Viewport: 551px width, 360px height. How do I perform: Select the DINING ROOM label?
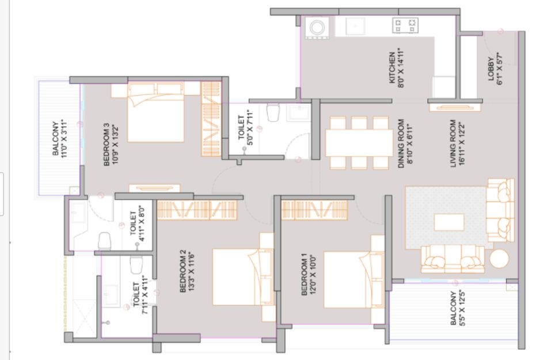(x=405, y=143)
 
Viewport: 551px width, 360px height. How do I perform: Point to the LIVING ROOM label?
(x=457, y=143)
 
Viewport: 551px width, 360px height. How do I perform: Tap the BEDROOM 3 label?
(x=111, y=144)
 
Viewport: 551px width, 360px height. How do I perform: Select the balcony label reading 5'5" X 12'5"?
(x=458, y=308)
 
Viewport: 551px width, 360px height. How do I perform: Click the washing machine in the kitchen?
(x=317, y=28)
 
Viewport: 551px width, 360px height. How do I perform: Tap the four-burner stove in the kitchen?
(x=405, y=25)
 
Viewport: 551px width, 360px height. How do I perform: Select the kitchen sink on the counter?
(x=355, y=26)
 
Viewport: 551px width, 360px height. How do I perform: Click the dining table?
(x=359, y=143)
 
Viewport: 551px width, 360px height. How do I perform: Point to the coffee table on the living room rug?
(x=449, y=222)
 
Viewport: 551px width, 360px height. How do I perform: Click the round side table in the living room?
(x=499, y=259)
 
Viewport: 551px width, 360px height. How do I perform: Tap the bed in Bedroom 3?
(x=155, y=112)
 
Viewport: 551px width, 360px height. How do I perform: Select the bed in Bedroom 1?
(x=351, y=280)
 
